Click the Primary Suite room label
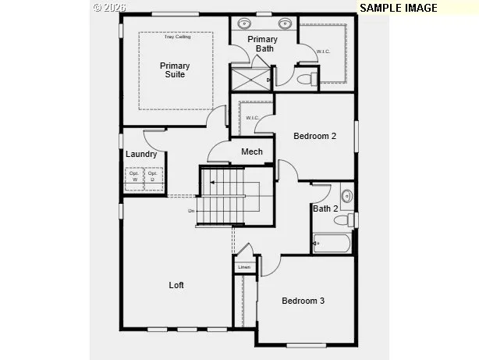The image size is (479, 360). (x=175, y=70)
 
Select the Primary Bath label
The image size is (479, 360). (x=263, y=44)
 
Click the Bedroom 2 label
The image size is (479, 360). (x=314, y=136)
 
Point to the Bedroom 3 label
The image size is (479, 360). (x=303, y=301)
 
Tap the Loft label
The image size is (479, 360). (x=177, y=285)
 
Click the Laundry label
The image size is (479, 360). (x=141, y=154)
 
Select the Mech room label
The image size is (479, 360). (x=251, y=151)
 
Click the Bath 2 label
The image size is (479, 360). (x=325, y=209)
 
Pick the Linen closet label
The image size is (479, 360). (x=244, y=267)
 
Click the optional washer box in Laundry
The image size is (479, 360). (x=134, y=177)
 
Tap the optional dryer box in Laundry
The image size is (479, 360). (x=153, y=177)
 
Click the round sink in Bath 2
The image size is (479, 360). (x=346, y=194)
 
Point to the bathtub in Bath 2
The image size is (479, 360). (x=332, y=244)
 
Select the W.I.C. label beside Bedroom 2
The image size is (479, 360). (x=252, y=118)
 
